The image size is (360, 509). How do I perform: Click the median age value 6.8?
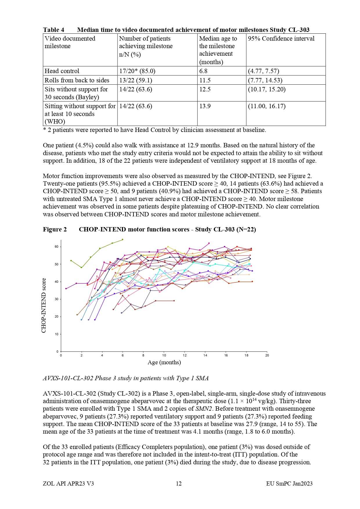[203, 71]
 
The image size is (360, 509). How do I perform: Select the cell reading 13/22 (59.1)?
[135, 80]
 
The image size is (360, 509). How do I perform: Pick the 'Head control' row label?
[62, 71]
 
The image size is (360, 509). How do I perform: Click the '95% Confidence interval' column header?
[281, 39]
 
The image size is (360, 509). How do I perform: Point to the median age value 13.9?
[205, 106]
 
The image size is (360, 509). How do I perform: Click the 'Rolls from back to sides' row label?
[77, 80]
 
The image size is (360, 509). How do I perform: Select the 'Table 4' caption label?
[54, 30]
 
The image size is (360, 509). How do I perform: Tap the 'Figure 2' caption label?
[55, 229]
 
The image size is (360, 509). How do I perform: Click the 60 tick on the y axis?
[57, 247]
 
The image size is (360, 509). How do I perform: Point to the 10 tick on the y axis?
[57, 334]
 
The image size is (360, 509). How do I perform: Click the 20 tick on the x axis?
[267, 355]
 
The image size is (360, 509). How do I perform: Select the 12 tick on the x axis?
[184, 355]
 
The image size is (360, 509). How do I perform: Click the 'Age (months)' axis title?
[164, 362]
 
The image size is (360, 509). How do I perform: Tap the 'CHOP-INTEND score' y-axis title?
[44, 305]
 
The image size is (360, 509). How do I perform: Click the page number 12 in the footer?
[179, 483]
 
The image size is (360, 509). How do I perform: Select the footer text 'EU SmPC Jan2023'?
[289, 483]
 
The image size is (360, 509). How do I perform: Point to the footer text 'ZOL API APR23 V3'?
[68, 483]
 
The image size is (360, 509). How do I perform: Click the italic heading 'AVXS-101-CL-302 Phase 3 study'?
[126, 378]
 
